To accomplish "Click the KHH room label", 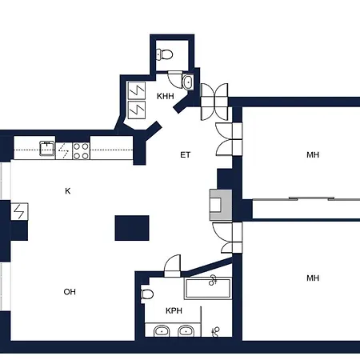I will point(165,97).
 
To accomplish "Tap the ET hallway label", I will point(184,155).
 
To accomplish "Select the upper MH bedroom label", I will point(312,154).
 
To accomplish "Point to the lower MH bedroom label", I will point(312,278).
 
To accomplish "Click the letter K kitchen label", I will point(68,190).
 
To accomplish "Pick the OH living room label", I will point(70,292).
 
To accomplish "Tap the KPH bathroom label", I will point(173,310).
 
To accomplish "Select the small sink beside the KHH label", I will point(187,82).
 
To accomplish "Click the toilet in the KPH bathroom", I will point(148,295).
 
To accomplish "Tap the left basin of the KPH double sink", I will point(162,331).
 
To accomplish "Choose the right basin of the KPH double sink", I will point(186,331).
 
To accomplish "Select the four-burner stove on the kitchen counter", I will point(81,150).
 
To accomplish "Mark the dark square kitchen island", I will point(131,228).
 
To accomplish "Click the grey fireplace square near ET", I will point(217,204).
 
